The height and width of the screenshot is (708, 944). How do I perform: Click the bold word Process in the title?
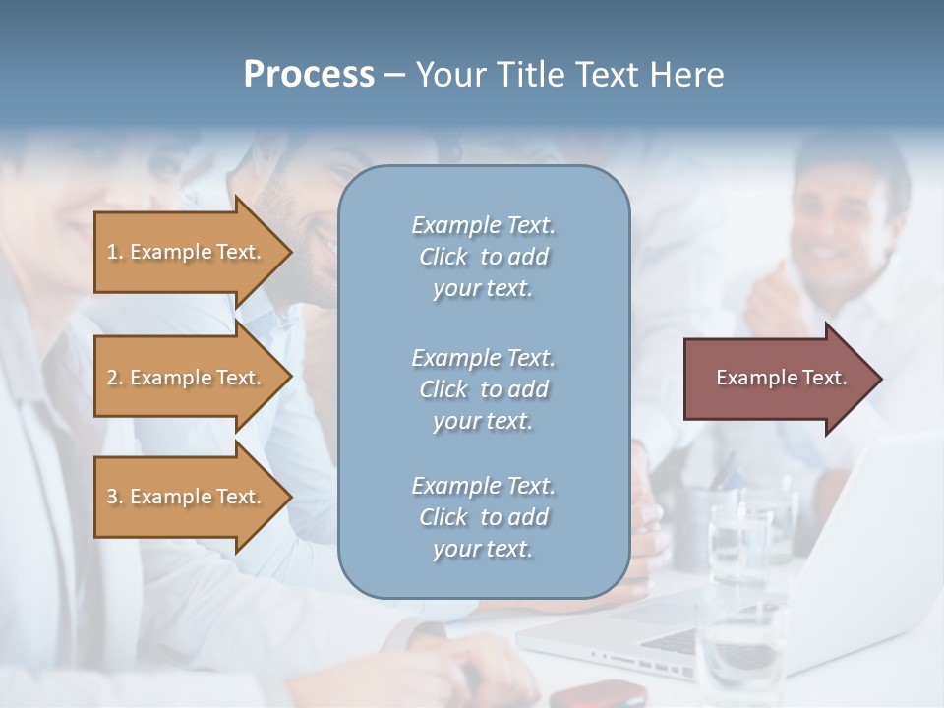(309, 75)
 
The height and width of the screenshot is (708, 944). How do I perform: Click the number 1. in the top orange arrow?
(115, 252)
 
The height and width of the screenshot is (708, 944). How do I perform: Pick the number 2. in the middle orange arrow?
(115, 378)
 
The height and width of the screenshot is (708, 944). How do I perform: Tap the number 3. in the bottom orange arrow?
(115, 497)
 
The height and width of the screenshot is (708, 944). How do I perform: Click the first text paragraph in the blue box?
(483, 257)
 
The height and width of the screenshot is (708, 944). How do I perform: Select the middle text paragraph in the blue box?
(483, 389)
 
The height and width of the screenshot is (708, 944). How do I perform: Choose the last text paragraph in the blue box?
(483, 517)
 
